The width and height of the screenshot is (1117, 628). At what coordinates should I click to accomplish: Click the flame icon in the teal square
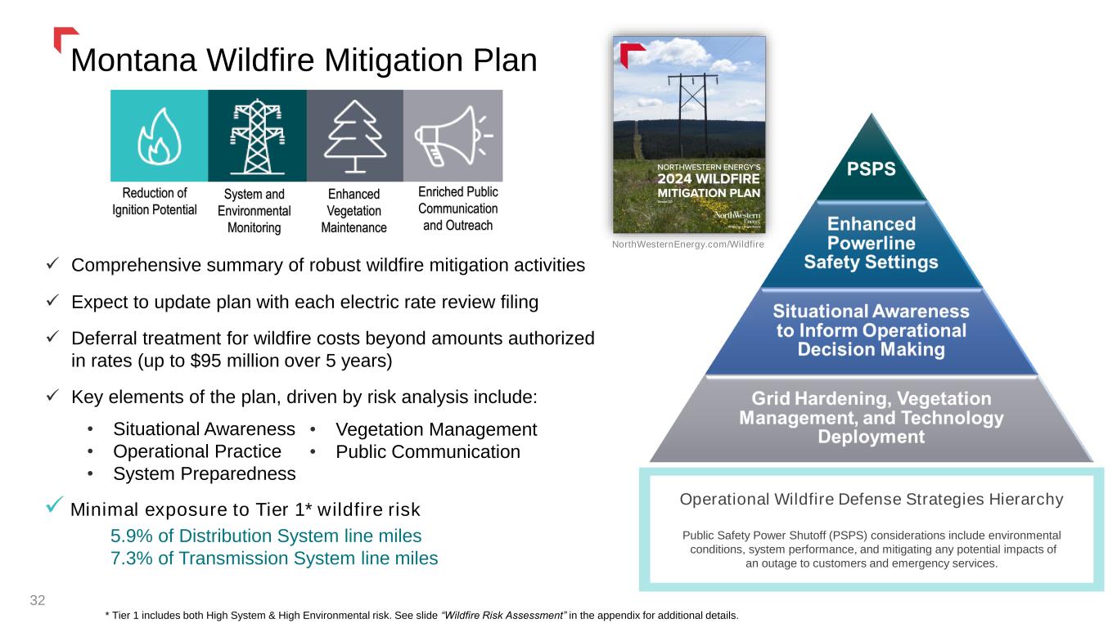coord(159,136)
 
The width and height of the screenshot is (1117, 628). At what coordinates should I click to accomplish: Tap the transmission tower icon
coord(257,136)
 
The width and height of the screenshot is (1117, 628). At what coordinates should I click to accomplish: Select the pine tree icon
coord(354,136)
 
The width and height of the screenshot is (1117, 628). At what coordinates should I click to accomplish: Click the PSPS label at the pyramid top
coord(872,168)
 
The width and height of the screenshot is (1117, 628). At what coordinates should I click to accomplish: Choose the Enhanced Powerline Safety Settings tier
coord(872,243)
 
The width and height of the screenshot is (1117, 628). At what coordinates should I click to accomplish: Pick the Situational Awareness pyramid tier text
coord(872,330)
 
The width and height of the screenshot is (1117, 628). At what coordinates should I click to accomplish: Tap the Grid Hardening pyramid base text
coord(872,417)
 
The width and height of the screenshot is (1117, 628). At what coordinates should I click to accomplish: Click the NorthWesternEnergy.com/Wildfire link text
coord(687,244)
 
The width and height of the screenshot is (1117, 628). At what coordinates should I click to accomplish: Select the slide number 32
coord(38,600)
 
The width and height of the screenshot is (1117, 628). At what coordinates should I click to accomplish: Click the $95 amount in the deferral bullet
coord(205,361)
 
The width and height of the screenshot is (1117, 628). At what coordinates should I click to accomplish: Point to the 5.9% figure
coord(131,536)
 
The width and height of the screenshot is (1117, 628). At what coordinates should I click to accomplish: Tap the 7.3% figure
coord(131,558)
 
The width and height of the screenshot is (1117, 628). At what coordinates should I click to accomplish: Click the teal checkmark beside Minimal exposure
coord(54,505)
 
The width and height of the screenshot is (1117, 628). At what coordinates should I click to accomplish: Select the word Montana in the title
coord(133,61)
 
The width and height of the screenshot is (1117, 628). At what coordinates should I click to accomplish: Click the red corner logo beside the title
coord(65,38)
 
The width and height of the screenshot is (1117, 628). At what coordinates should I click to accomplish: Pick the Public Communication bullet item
coord(428,451)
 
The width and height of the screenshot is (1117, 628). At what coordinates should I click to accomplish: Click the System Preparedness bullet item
coord(205,473)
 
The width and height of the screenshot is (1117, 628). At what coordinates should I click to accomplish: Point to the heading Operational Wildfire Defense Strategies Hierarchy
coord(872,499)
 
